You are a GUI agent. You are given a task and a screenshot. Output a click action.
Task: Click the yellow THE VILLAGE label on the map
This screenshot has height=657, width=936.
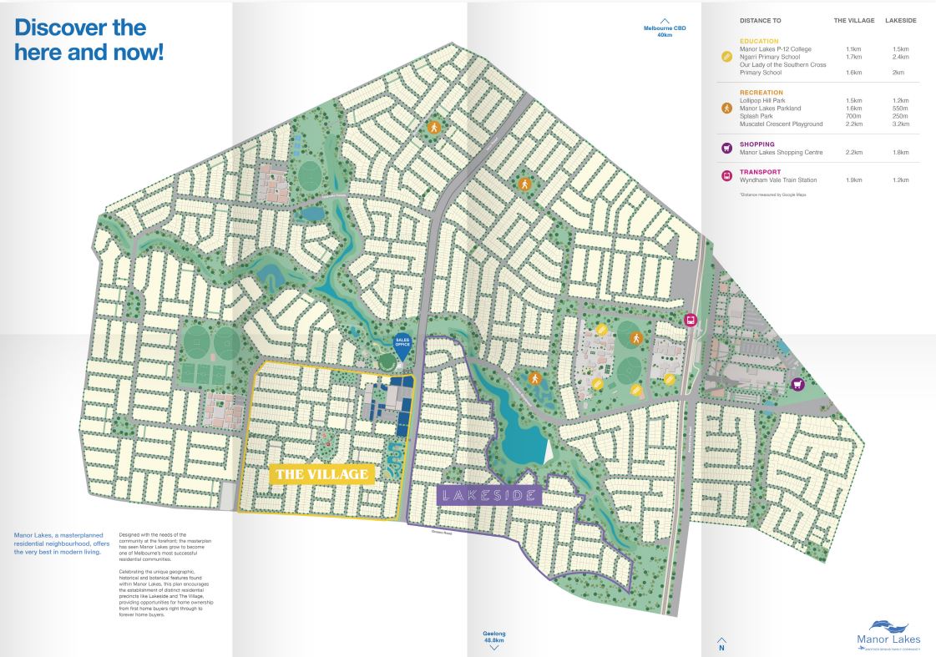[x=321, y=475]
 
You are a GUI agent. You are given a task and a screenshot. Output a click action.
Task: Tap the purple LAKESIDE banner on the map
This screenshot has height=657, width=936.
[x=489, y=495]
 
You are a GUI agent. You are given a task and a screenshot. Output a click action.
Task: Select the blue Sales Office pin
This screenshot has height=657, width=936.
[x=404, y=343]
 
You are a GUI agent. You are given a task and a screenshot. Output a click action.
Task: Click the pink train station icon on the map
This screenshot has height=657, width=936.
[x=691, y=320]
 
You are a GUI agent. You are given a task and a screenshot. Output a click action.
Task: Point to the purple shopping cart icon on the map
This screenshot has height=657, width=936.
[x=798, y=384]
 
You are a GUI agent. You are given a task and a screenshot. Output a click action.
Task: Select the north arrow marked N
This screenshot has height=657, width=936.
[x=721, y=644]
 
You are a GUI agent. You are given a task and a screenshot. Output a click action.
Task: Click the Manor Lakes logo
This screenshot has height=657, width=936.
[x=888, y=634]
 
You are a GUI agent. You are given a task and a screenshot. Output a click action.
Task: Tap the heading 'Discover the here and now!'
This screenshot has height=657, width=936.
[x=89, y=39]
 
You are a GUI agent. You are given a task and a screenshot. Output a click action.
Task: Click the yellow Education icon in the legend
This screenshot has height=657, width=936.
[x=726, y=57]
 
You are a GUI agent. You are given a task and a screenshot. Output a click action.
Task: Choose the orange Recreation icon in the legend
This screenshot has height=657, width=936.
[x=726, y=109]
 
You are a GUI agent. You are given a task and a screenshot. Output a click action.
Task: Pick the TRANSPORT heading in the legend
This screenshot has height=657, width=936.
[x=761, y=172]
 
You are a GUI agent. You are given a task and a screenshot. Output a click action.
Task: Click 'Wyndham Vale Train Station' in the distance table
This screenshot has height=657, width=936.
[x=778, y=180]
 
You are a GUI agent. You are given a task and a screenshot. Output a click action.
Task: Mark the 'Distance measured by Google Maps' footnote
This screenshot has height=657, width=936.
[x=772, y=195]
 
